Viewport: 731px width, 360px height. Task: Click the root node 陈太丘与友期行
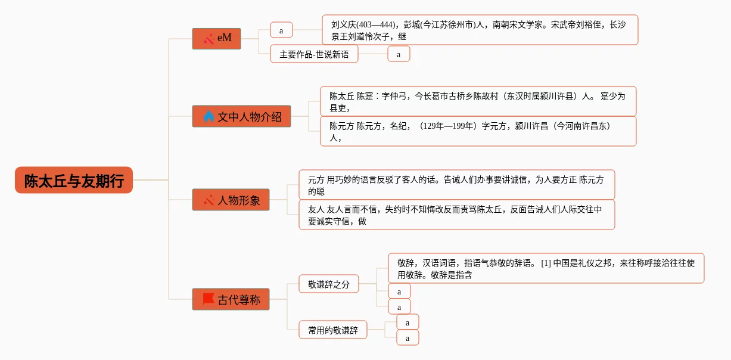click(x=74, y=180)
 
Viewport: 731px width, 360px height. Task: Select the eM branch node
click(x=216, y=38)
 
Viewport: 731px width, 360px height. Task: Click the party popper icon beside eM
click(x=209, y=39)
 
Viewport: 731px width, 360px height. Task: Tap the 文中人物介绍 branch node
click(x=241, y=116)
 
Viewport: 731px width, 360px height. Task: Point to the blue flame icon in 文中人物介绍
click(x=209, y=116)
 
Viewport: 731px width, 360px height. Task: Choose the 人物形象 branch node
click(x=231, y=200)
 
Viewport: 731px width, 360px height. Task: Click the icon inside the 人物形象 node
click(x=209, y=200)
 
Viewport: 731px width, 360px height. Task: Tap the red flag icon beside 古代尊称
click(x=209, y=299)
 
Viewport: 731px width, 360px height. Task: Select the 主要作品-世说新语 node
click(x=314, y=54)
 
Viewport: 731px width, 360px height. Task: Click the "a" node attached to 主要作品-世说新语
click(x=399, y=54)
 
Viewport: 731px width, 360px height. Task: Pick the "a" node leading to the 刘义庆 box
click(x=281, y=30)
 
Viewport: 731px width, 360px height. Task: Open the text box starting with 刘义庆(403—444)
click(x=480, y=30)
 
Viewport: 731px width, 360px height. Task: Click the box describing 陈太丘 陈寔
click(x=478, y=101)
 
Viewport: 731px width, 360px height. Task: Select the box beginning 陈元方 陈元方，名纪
click(x=478, y=131)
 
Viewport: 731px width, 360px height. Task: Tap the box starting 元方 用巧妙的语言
click(x=456, y=185)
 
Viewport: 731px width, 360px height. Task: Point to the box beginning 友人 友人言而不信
click(x=456, y=215)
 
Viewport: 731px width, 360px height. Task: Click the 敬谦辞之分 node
click(x=329, y=284)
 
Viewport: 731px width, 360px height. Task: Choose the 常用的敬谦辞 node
click(x=333, y=330)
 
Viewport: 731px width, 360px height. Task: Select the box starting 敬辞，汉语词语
click(x=546, y=268)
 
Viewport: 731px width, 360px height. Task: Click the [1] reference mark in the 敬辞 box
click(x=546, y=262)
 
